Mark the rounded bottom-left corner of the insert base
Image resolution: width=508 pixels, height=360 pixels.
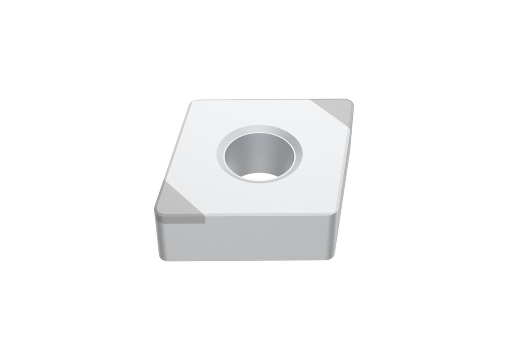pyautogui.click(x=161, y=257)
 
